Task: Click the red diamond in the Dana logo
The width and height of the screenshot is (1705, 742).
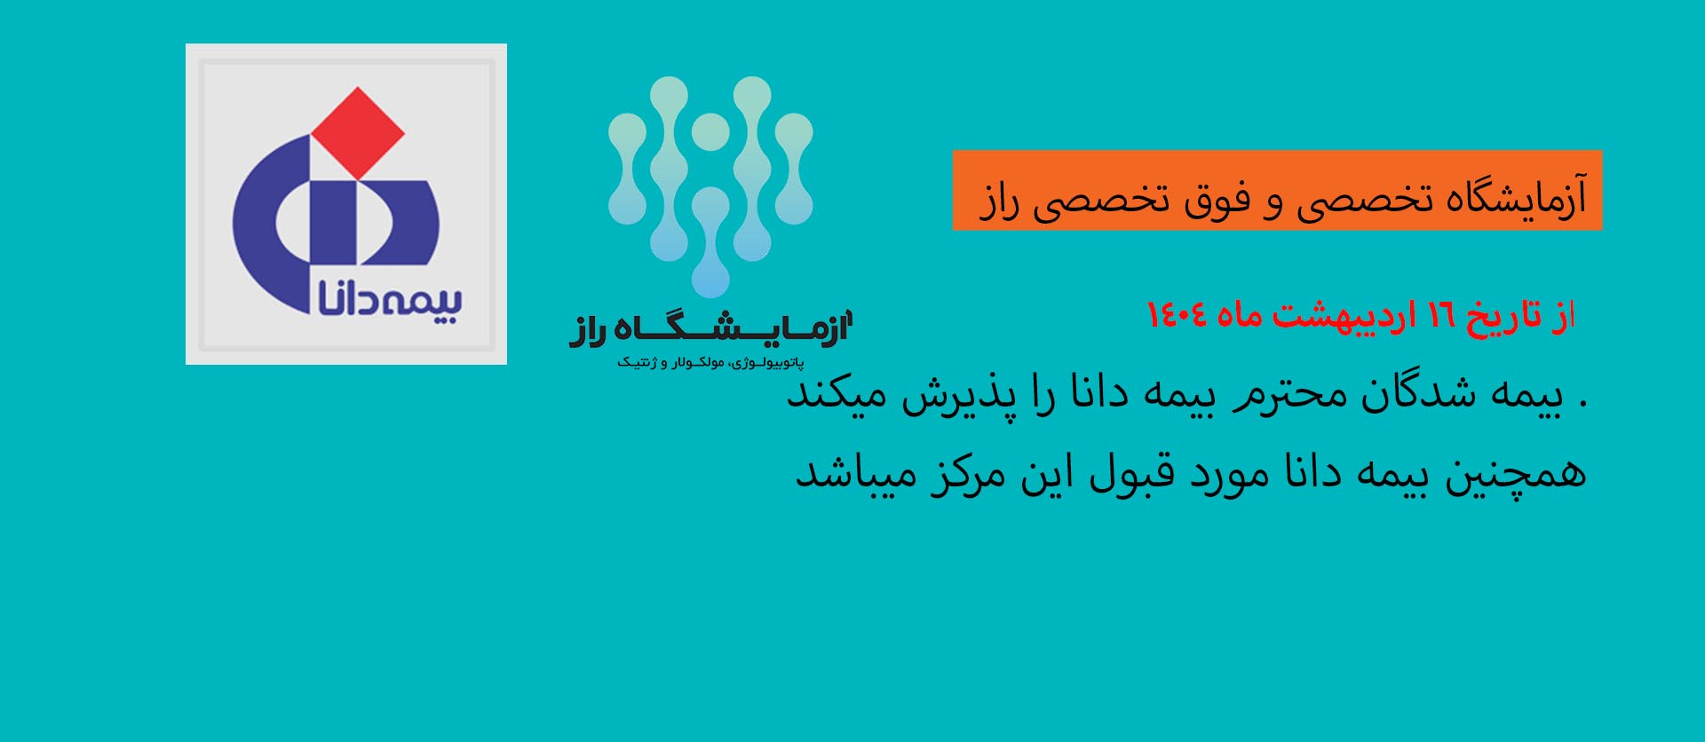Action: click(x=358, y=133)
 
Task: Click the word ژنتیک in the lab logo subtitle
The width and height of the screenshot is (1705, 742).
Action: click(x=636, y=363)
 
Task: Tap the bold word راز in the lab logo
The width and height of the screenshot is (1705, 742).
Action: click(x=587, y=332)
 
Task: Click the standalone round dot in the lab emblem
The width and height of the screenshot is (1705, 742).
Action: click(x=710, y=131)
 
